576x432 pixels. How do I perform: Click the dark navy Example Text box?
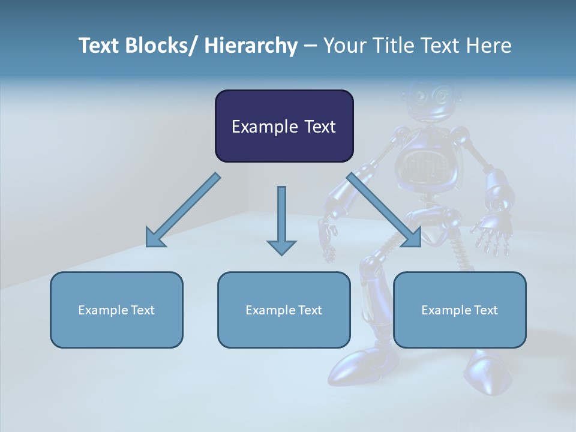click(284, 126)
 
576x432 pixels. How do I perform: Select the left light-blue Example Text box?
click(116, 310)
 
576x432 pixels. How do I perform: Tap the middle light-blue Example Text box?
click(284, 310)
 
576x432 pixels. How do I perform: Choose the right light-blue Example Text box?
click(460, 310)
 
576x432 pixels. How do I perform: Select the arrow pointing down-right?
click(384, 210)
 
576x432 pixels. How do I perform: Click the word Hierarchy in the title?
click(251, 46)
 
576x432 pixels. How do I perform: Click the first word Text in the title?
click(99, 46)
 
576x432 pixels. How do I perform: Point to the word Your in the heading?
click(343, 46)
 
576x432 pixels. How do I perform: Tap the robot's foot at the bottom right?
click(486, 375)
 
